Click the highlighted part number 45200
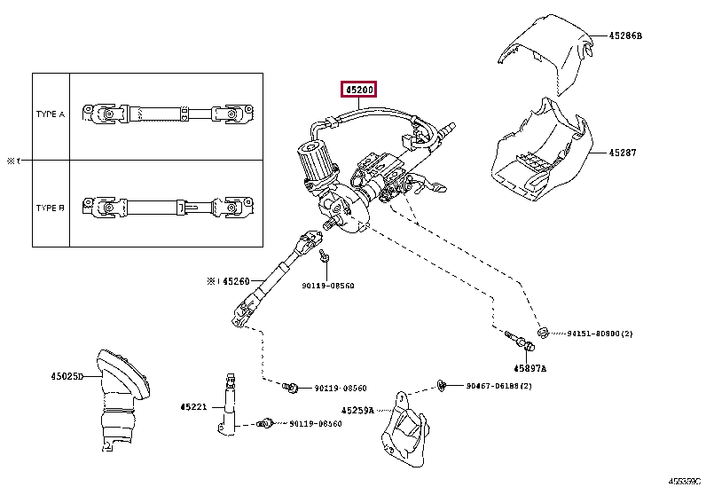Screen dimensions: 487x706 tap(359, 90)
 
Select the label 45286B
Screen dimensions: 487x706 tap(624, 36)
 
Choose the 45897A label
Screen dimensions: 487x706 tap(529, 367)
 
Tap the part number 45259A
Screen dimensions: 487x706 tap(357, 411)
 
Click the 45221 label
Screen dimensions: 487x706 tap(192, 407)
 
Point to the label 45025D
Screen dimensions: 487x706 tap(67, 376)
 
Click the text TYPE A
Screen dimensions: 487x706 tap(51, 114)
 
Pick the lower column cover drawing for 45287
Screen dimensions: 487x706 tap(537, 151)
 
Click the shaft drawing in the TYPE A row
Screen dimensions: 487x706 tap(168, 114)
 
